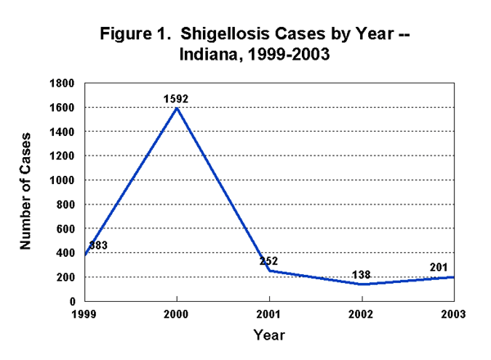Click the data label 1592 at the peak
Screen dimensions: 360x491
tap(177, 99)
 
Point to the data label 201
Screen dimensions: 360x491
tap(439, 268)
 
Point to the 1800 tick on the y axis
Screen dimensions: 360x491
tap(65, 83)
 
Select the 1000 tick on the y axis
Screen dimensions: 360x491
tap(65, 180)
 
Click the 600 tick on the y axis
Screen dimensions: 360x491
tap(68, 228)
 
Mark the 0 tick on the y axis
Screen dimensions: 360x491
tap(74, 301)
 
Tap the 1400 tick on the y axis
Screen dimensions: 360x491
tap(65, 132)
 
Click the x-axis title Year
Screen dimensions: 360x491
tap(269, 335)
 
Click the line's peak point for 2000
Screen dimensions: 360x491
tap(177, 108)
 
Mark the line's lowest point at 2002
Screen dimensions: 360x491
tap(362, 284)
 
